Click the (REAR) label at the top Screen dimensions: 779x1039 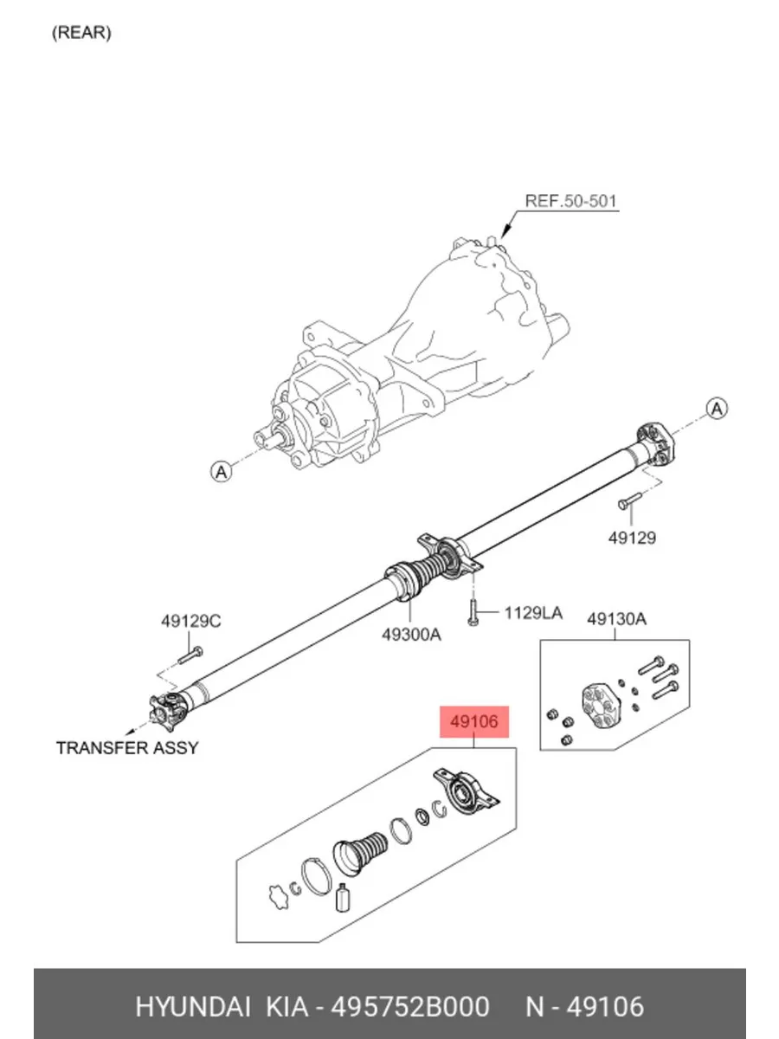click(x=81, y=33)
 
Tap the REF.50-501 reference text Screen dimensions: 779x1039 click(x=571, y=201)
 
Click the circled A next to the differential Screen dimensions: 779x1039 click(x=221, y=472)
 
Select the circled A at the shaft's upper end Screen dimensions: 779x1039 click(x=717, y=409)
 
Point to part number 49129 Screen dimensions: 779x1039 click(x=632, y=538)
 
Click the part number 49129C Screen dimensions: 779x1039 click(x=191, y=621)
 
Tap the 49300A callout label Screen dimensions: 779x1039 click(x=411, y=635)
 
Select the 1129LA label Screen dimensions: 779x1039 click(x=533, y=613)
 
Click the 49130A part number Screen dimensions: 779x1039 click(x=617, y=619)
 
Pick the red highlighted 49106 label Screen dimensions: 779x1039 click(x=474, y=722)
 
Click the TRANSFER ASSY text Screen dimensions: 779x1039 click(x=127, y=748)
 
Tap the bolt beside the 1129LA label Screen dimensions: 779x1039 click(x=473, y=612)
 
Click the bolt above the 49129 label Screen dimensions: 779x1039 click(x=629, y=500)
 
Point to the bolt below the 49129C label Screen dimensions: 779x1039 click(x=190, y=655)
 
